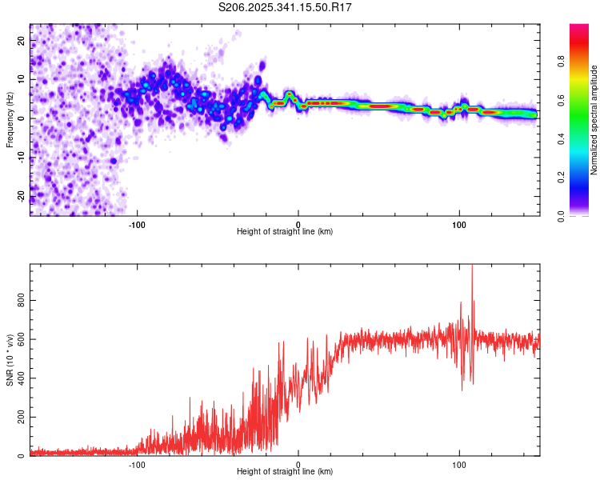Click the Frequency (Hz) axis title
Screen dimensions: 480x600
(10, 118)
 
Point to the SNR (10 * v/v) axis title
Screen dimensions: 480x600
(10, 359)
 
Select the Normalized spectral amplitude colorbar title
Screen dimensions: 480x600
(594, 119)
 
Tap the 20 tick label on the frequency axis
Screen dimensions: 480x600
(22, 41)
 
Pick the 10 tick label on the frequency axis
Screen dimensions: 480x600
(22, 79)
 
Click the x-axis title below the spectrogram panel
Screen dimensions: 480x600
(285, 231)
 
